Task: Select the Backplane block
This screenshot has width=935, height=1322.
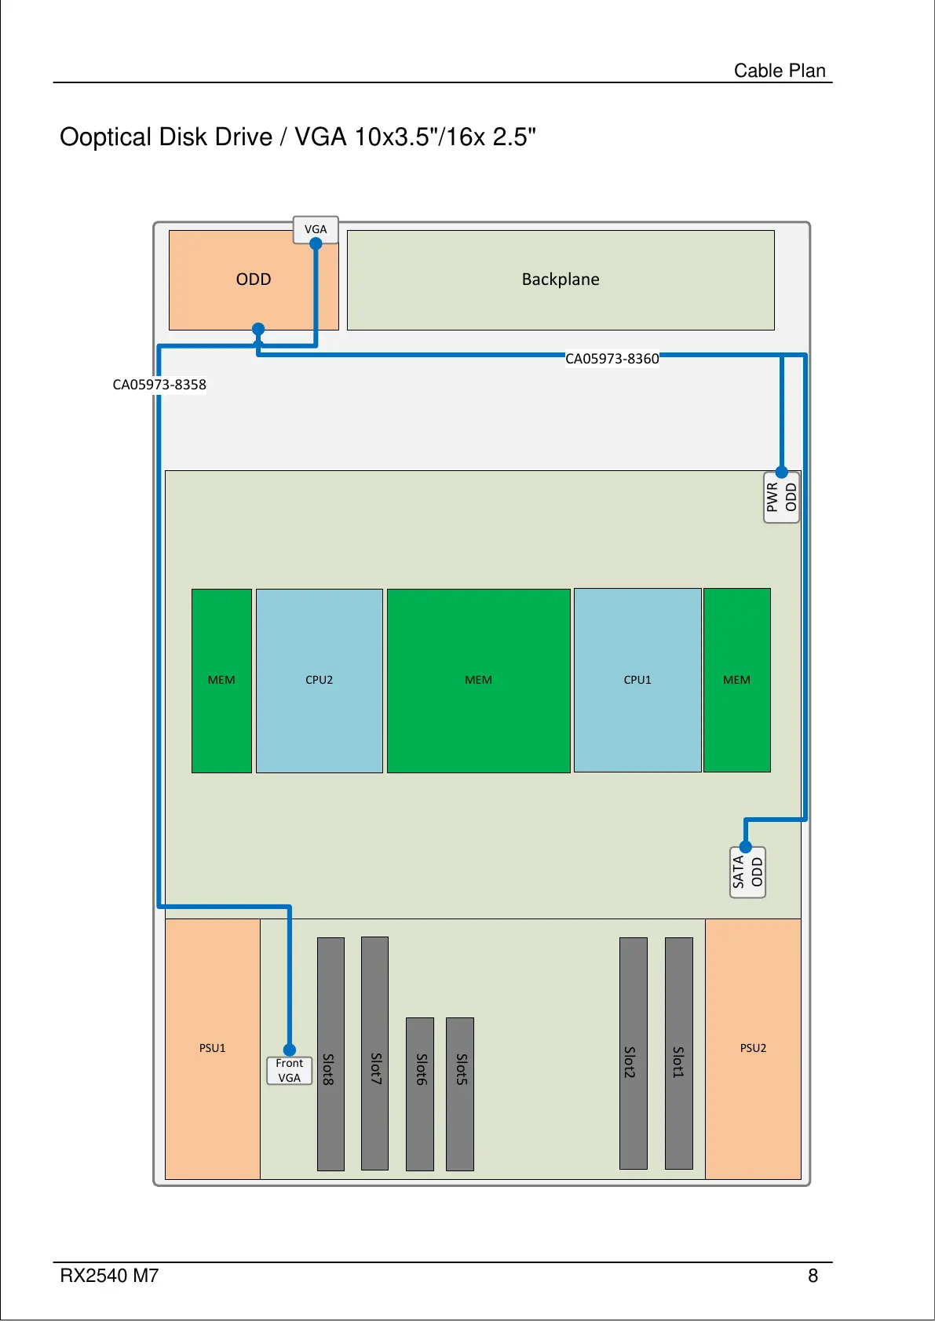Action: pyautogui.click(x=561, y=279)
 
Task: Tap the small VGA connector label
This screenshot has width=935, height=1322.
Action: pyautogui.click(x=316, y=229)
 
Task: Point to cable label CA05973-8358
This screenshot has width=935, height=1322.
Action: pyautogui.click(x=159, y=385)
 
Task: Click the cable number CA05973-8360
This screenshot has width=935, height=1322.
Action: pyautogui.click(x=612, y=359)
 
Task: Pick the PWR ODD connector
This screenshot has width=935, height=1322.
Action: pyautogui.click(x=781, y=497)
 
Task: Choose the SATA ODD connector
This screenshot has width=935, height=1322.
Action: pyautogui.click(x=747, y=872)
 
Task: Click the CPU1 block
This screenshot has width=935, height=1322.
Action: pyautogui.click(x=637, y=680)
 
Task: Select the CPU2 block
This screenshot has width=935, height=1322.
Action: pyautogui.click(x=320, y=680)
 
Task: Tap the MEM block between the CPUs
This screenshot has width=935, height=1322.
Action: pyautogui.click(x=478, y=680)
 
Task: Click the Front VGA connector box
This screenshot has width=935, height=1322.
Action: pyautogui.click(x=290, y=1070)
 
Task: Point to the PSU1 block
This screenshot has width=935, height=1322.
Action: pyautogui.click(x=213, y=1048)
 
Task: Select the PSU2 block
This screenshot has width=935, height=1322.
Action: pyautogui.click(x=753, y=1048)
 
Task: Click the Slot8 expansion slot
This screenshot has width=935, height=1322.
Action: pyautogui.click(x=331, y=1054)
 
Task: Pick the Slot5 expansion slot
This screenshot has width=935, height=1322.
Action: pyautogui.click(x=460, y=1094)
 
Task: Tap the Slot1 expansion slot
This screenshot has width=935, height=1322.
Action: pyautogui.click(x=679, y=1054)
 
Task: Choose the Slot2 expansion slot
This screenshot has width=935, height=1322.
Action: pyautogui.click(x=634, y=1054)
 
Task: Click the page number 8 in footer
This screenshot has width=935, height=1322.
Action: pyautogui.click(x=813, y=1276)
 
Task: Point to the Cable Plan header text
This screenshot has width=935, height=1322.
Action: pyautogui.click(x=780, y=71)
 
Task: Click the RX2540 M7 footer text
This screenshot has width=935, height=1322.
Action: pyautogui.click(x=109, y=1276)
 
